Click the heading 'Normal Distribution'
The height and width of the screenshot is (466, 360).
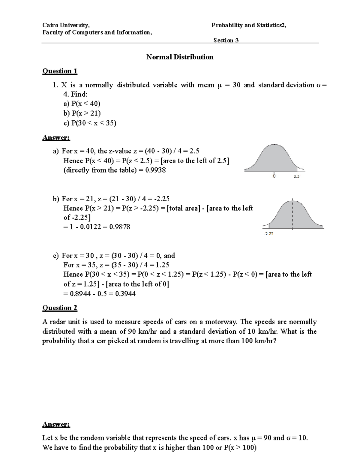(180, 57)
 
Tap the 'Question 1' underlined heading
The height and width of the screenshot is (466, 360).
(60, 71)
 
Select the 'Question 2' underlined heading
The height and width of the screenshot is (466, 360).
(60, 308)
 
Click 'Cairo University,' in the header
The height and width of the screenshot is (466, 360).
(66, 25)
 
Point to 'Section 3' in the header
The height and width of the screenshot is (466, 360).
(226, 40)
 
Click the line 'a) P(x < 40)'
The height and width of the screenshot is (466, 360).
(82, 104)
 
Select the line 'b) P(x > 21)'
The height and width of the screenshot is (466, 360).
(82, 113)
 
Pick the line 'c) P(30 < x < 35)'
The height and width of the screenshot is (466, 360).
(90, 123)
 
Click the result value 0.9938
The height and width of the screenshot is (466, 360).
(155, 170)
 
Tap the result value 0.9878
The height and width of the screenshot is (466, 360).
(120, 227)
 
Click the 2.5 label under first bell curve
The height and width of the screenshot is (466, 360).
(296, 177)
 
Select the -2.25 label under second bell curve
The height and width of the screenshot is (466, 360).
(268, 233)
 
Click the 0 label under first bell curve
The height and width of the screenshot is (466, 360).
(274, 176)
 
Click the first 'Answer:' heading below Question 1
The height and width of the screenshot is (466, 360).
(56, 138)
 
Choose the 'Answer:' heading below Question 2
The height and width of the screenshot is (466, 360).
(56, 424)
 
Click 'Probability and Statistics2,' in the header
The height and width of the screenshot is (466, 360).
(249, 25)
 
